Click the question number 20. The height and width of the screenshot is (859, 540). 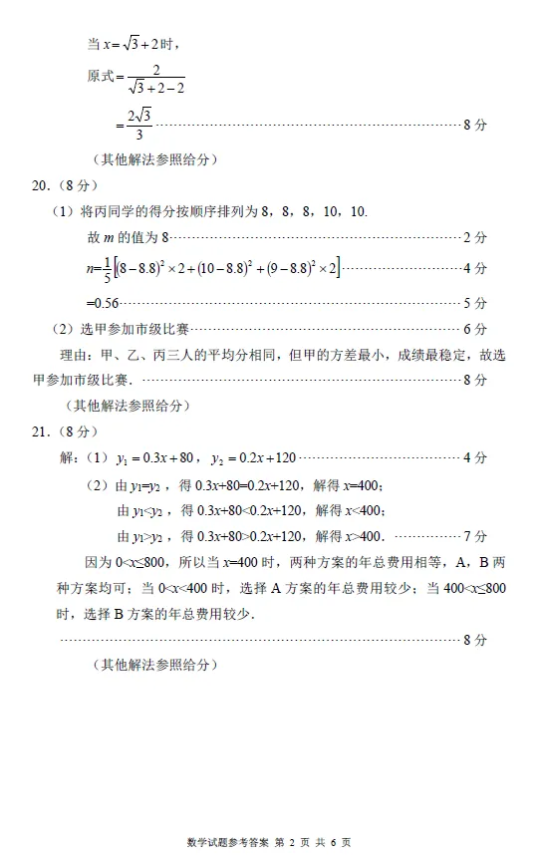tap(41, 185)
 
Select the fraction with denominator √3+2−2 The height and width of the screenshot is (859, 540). tap(155, 79)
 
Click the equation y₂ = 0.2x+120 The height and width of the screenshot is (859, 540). tap(253, 458)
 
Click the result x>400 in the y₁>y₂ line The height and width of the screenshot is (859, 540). tap(364, 536)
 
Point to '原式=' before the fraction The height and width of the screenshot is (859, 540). tap(104, 77)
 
